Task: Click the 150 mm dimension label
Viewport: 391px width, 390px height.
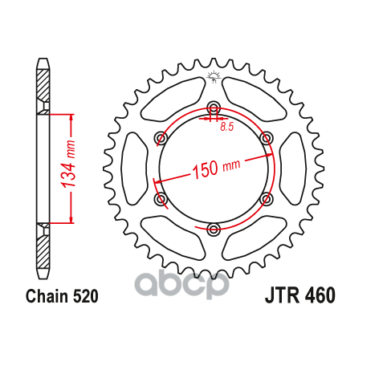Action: coord(216,169)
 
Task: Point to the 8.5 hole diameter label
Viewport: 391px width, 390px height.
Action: coord(227,127)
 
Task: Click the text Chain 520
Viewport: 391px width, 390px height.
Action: coord(62,296)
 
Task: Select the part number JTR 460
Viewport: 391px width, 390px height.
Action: coord(300,295)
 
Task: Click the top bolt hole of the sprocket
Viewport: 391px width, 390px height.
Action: coord(214,108)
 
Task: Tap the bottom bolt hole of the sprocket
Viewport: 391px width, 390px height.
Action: coord(214,229)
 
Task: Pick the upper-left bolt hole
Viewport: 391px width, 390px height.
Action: coord(161,138)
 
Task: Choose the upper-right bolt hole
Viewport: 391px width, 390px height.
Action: coord(266,138)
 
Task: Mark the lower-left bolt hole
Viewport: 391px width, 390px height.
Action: coord(161,199)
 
